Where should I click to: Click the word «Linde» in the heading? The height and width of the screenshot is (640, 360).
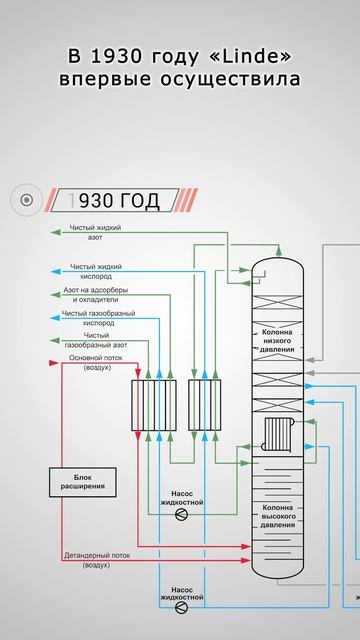pyautogui.click(x=253, y=51)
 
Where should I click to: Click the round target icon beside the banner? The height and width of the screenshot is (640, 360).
pyautogui.click(x=27, y=201)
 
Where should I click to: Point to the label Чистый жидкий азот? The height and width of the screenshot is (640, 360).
pyautogui.click(x=96, y=233)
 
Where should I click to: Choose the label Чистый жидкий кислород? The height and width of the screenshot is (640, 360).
pyautogui.click(x=96, y=271)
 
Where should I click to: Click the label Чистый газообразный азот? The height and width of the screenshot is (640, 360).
pyautogui.click(x=97, y=341)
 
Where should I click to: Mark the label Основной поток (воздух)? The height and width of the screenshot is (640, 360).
pyautogui.click(x=98, y=362)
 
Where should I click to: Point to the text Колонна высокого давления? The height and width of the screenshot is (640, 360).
pyautogui.click(x=278, y=517)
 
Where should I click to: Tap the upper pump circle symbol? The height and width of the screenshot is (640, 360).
pyautogui.click(x=181, y=514)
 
